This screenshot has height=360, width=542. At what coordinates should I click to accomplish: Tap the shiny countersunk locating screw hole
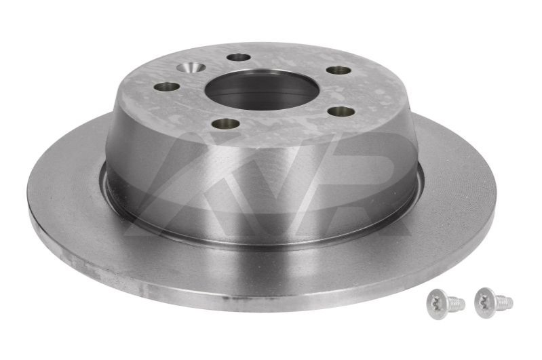click(x=191, y=67)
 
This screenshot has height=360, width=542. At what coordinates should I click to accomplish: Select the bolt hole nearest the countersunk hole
click(x=239, y=57)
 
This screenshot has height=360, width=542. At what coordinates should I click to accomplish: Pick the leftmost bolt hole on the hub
click(x=167, y=86)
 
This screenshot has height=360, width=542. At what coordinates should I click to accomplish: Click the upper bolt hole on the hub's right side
click(x=338, y=71)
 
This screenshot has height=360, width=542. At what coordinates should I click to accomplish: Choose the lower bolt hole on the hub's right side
click(x=341, y=111)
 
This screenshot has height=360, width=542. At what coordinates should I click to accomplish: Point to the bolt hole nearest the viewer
click(x=226, y=123)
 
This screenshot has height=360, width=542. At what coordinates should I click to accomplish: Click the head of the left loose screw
click(x=438, y=304)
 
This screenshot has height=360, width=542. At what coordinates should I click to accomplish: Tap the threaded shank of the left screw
click(x=456, y=303)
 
